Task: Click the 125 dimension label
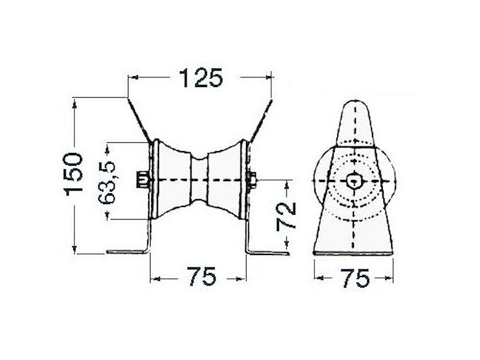pos(200,78)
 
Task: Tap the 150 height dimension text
pos(73,175)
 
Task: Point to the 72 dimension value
pos(286,215)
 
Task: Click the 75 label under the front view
pos(202,277)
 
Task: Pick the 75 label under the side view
pos(355,278)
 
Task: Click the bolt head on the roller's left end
pos(142,179)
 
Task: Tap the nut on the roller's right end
pos(251,180)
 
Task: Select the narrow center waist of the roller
pos(199,180)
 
